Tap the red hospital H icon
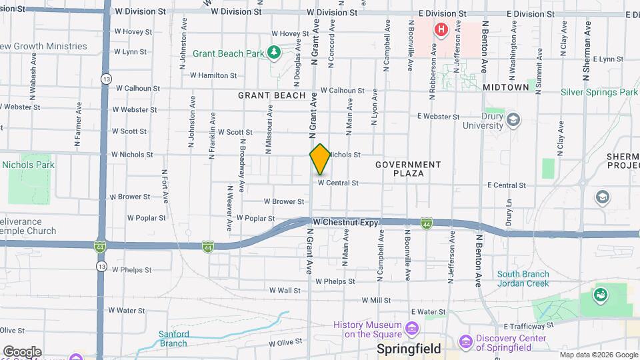pos(441,29)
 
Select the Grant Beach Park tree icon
pos(273,52)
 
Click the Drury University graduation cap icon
pos(513,119)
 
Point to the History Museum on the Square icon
pos(412,329)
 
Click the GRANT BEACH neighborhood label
pos(271,95)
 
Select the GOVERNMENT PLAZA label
pos(408,169)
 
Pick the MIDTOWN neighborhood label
pos(506,87)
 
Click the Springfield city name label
pos(409,349)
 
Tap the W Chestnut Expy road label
pos(345,222)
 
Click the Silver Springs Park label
pos(599,92)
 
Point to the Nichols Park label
pos(28,165)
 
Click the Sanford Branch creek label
pos(173,339)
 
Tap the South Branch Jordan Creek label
pos(523,279)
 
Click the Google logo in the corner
pos(21,351)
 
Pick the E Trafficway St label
pos(529,325)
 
